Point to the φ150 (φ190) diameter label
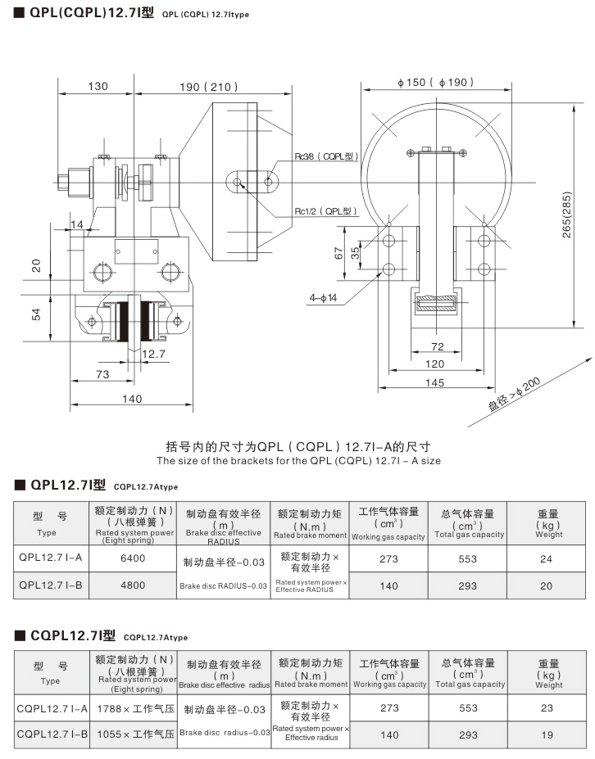435,82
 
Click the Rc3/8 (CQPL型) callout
326,156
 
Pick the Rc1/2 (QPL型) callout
326,211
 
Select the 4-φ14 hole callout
324,298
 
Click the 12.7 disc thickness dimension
152,354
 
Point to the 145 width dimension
435,382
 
